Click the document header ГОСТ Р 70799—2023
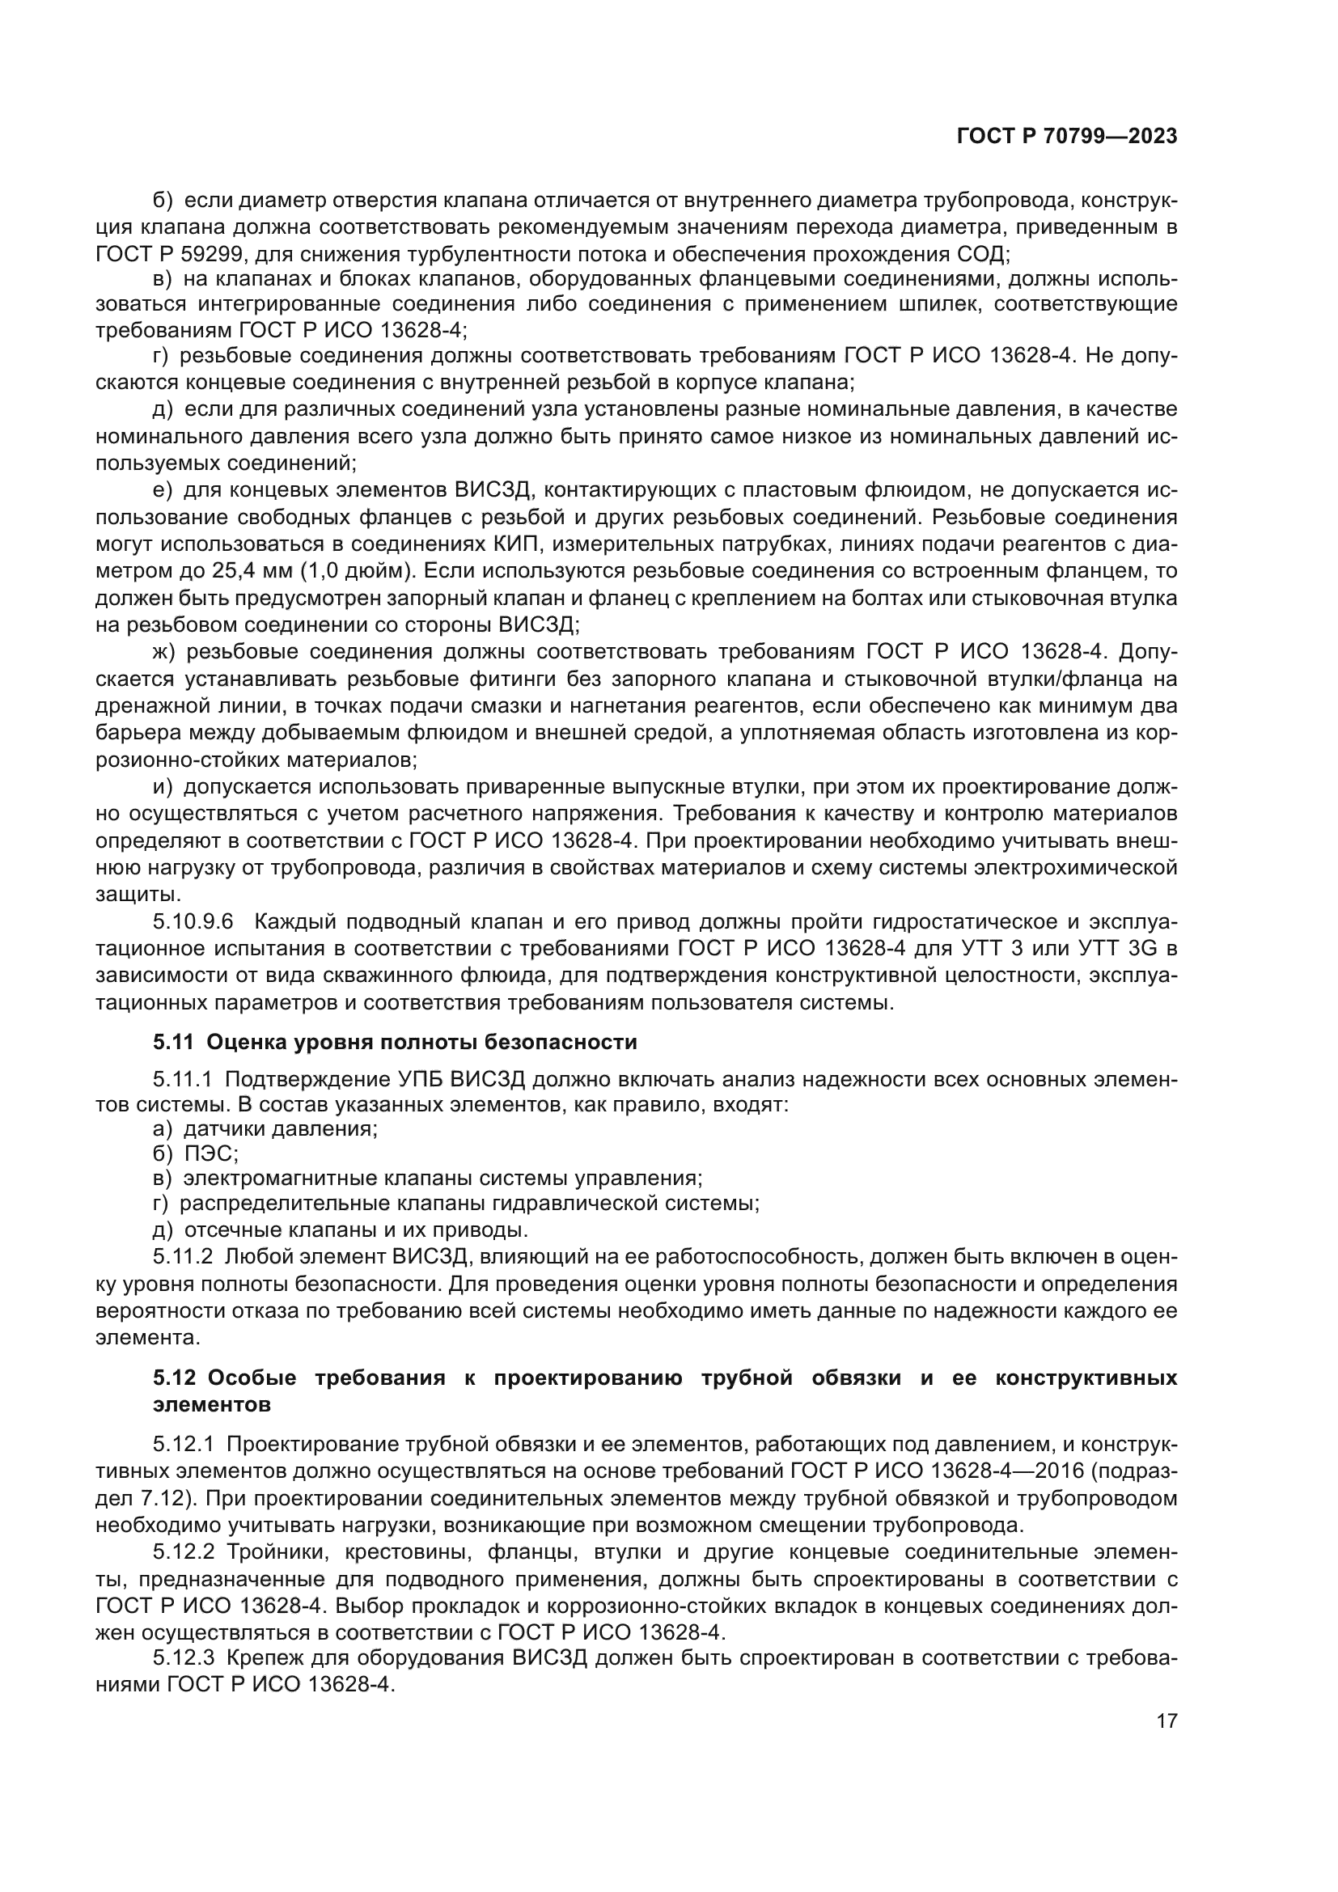point(1066,137)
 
